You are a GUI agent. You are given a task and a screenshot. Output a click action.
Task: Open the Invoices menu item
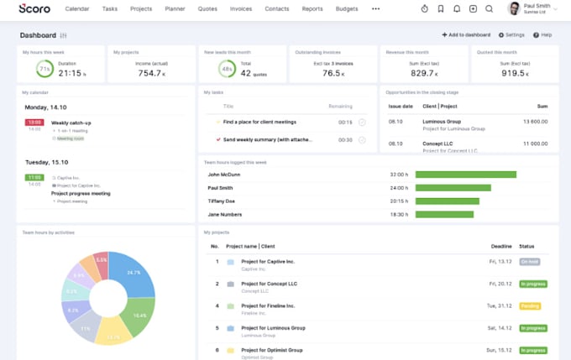coord(241,8)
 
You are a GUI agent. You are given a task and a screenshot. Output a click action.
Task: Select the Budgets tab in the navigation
coord(347,8)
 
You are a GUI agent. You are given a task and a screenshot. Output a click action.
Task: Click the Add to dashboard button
coord(466,35)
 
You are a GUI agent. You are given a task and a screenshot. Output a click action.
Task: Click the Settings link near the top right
coord(511,35)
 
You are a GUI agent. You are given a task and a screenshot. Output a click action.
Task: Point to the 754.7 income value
coord(150,73)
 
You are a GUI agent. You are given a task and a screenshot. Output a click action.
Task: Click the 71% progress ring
coord(45,69)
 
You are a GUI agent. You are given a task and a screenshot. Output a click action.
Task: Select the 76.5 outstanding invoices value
coord(333,73)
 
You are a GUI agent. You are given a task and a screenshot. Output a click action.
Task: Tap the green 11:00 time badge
coord(34,178)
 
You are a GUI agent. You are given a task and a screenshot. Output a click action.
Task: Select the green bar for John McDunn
coord(465,175)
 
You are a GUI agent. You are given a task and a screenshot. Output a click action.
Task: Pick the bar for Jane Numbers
coord(444,214)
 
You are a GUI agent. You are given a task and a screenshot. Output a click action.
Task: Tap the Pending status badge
coord(530,306)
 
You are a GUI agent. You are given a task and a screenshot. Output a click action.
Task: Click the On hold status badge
coord(529,262)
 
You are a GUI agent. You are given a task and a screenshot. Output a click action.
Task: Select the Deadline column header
coord(500,247)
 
